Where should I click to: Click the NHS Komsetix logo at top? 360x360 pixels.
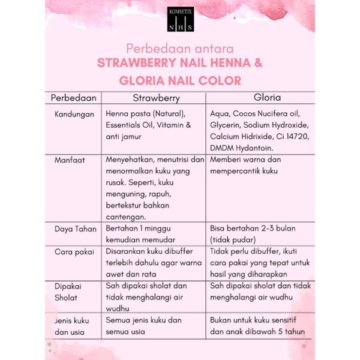click(x=180, y=17)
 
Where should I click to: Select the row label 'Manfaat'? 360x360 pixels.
click(x=68, y=161)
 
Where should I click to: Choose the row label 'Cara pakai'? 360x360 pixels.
click(x=74, y=252)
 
